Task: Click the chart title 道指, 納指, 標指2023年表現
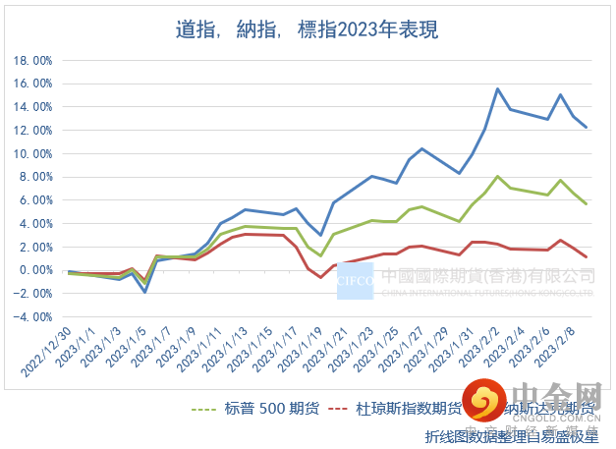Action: coord(307,30)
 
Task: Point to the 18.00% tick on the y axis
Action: coord(32,60)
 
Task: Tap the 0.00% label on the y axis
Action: coord(35,270)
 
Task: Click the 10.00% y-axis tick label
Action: coord(32,153)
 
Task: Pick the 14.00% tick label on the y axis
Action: coord(32,106)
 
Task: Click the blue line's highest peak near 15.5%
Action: coord(498,89)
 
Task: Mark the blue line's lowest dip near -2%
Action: coord(144,292)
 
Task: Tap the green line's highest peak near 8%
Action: coord(498,177)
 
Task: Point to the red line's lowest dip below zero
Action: coord(320,277)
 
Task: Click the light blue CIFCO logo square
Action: coord(355,281)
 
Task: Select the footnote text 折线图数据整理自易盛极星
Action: coord(510,435)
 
